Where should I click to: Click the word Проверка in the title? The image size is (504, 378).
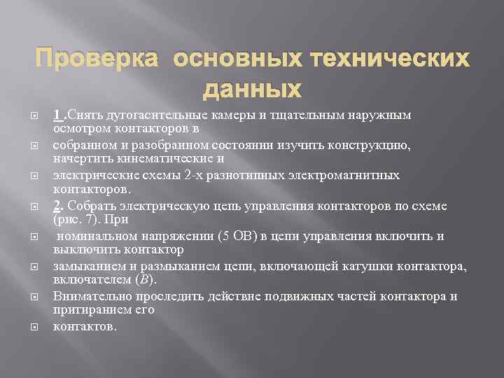(97, 60)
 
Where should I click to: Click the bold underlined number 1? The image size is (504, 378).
(57, 115)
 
